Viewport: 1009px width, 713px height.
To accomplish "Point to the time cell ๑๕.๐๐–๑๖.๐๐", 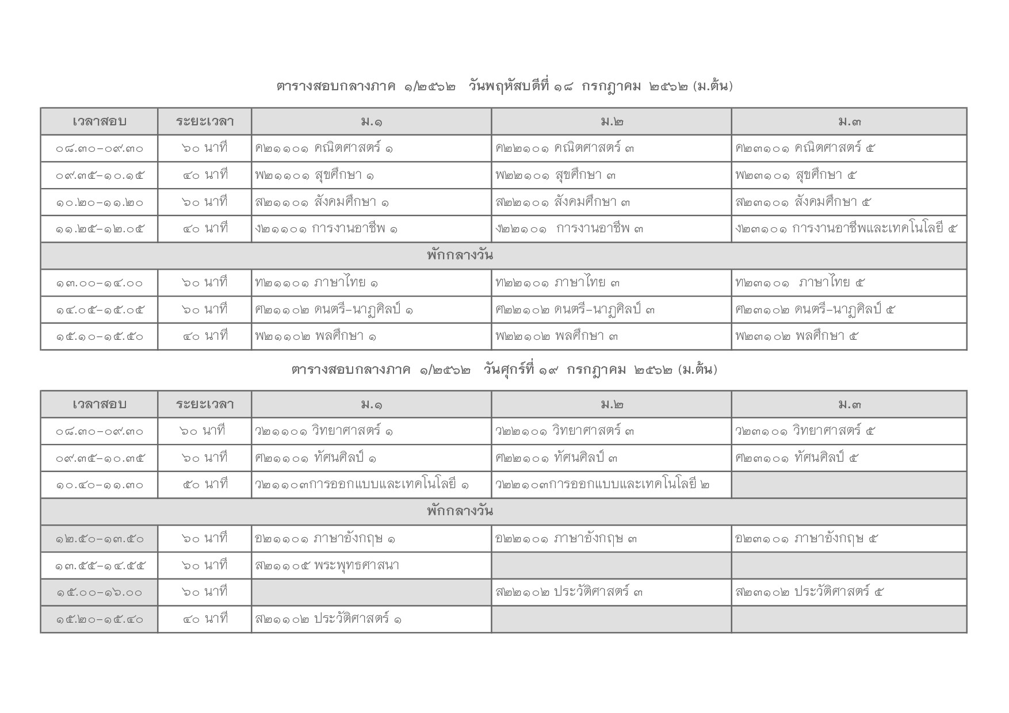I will coord(99,593).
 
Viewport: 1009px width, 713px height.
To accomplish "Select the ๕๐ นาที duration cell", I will coord(204,485).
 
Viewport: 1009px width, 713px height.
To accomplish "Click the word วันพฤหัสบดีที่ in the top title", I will coord(510,87).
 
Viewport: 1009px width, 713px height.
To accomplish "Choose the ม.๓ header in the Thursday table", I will coord(849,122).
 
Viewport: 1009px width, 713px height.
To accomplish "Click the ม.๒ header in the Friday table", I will coord(611,405).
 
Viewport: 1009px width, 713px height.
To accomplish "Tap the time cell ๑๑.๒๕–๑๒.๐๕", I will coord(99,229).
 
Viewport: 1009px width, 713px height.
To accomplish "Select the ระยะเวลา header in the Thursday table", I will coord(204,122).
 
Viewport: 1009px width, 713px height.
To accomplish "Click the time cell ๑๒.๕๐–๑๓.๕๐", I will coord(99,539).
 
